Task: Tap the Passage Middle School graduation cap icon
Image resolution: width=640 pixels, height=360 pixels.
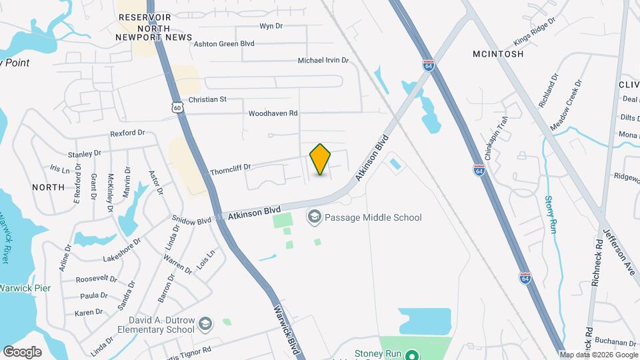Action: pos(313,217)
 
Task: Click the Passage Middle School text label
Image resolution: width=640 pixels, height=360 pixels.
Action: pos(373,217)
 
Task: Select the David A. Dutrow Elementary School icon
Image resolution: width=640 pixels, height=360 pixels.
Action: pos(205,323)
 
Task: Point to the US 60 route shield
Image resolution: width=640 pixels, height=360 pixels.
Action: pos(177,107)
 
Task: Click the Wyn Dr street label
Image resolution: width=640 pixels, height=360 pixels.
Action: pos(271,27)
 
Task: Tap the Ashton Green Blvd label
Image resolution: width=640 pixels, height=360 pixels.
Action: pos(223,43)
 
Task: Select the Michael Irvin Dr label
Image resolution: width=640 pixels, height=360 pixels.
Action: pos(323,61)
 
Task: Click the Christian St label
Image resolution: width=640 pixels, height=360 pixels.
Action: pos(207,99)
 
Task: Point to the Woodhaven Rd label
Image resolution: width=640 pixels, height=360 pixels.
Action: pos(273,113)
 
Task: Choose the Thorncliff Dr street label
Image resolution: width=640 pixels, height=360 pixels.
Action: pos(230,170)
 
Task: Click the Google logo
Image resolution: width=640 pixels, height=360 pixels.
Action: pos(22,351)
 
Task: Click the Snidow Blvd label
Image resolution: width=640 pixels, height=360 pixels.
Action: pos(191,219)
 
